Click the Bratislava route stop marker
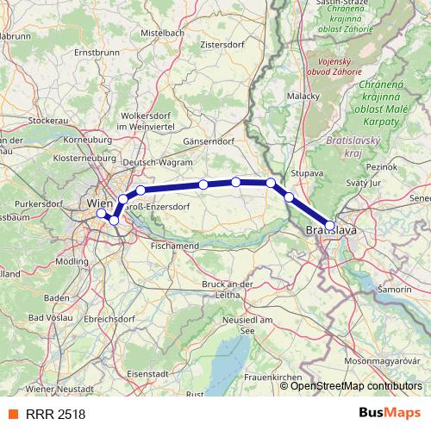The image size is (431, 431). (x=329, y=225)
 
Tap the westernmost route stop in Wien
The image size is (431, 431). (x=101, y=213)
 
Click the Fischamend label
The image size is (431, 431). (x=175, y=246)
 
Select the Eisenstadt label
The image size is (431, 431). (x=147, y=373)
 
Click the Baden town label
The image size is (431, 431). (x=56, y=298)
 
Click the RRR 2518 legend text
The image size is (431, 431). (x=55, y=415)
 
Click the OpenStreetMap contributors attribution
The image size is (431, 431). (x=355, y=385)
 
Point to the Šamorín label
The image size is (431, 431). (x=395, y=290)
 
